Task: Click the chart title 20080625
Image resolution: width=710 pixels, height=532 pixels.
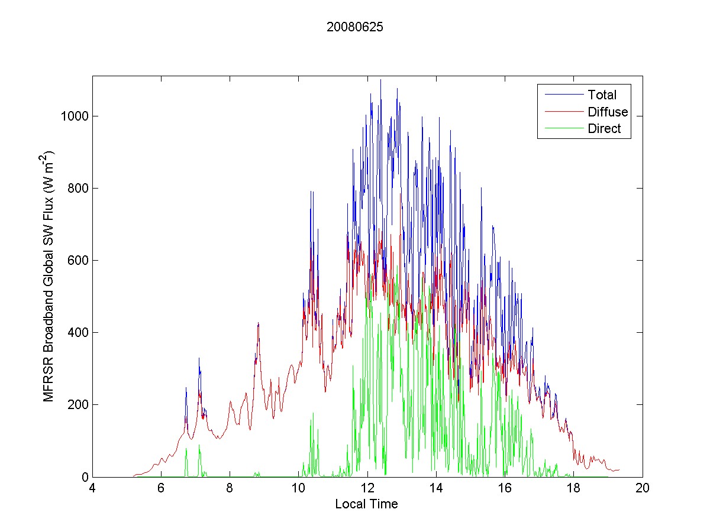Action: (x=355, y=27)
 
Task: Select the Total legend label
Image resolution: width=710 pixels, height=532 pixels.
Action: (x=602, y=95)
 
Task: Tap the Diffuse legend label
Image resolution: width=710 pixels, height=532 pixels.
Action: (x=608, y=112)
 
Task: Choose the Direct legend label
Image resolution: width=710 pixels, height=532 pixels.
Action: (x=604, y=129)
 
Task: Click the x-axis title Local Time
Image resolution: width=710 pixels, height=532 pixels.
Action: (x=366, y=504)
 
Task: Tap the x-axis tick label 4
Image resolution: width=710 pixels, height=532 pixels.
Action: (x=92, y=489)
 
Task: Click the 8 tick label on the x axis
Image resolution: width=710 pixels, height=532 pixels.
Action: (x=230, y=489)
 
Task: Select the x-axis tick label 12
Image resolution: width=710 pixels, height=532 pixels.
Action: (x=367, y=489)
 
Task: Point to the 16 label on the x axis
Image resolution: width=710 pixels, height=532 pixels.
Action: (x=505, y=489)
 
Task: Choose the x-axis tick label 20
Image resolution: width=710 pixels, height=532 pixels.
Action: (x=643, y=489)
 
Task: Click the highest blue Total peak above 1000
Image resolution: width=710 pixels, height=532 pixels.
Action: (x=380, y=80)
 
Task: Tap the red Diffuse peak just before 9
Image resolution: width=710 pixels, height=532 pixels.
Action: (x=259, y=323)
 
